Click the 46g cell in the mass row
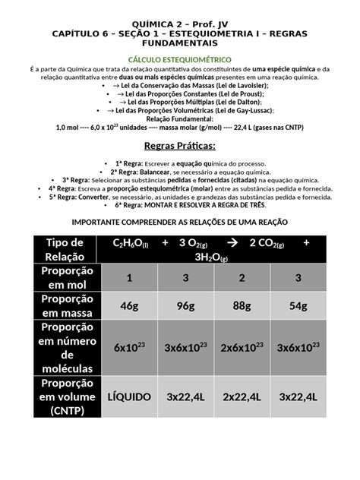128,306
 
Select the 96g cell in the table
186,306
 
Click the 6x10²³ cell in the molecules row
128,348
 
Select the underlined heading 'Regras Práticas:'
179,146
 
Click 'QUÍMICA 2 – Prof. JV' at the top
180,24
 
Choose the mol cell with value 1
128,278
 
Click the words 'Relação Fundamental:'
179,118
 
